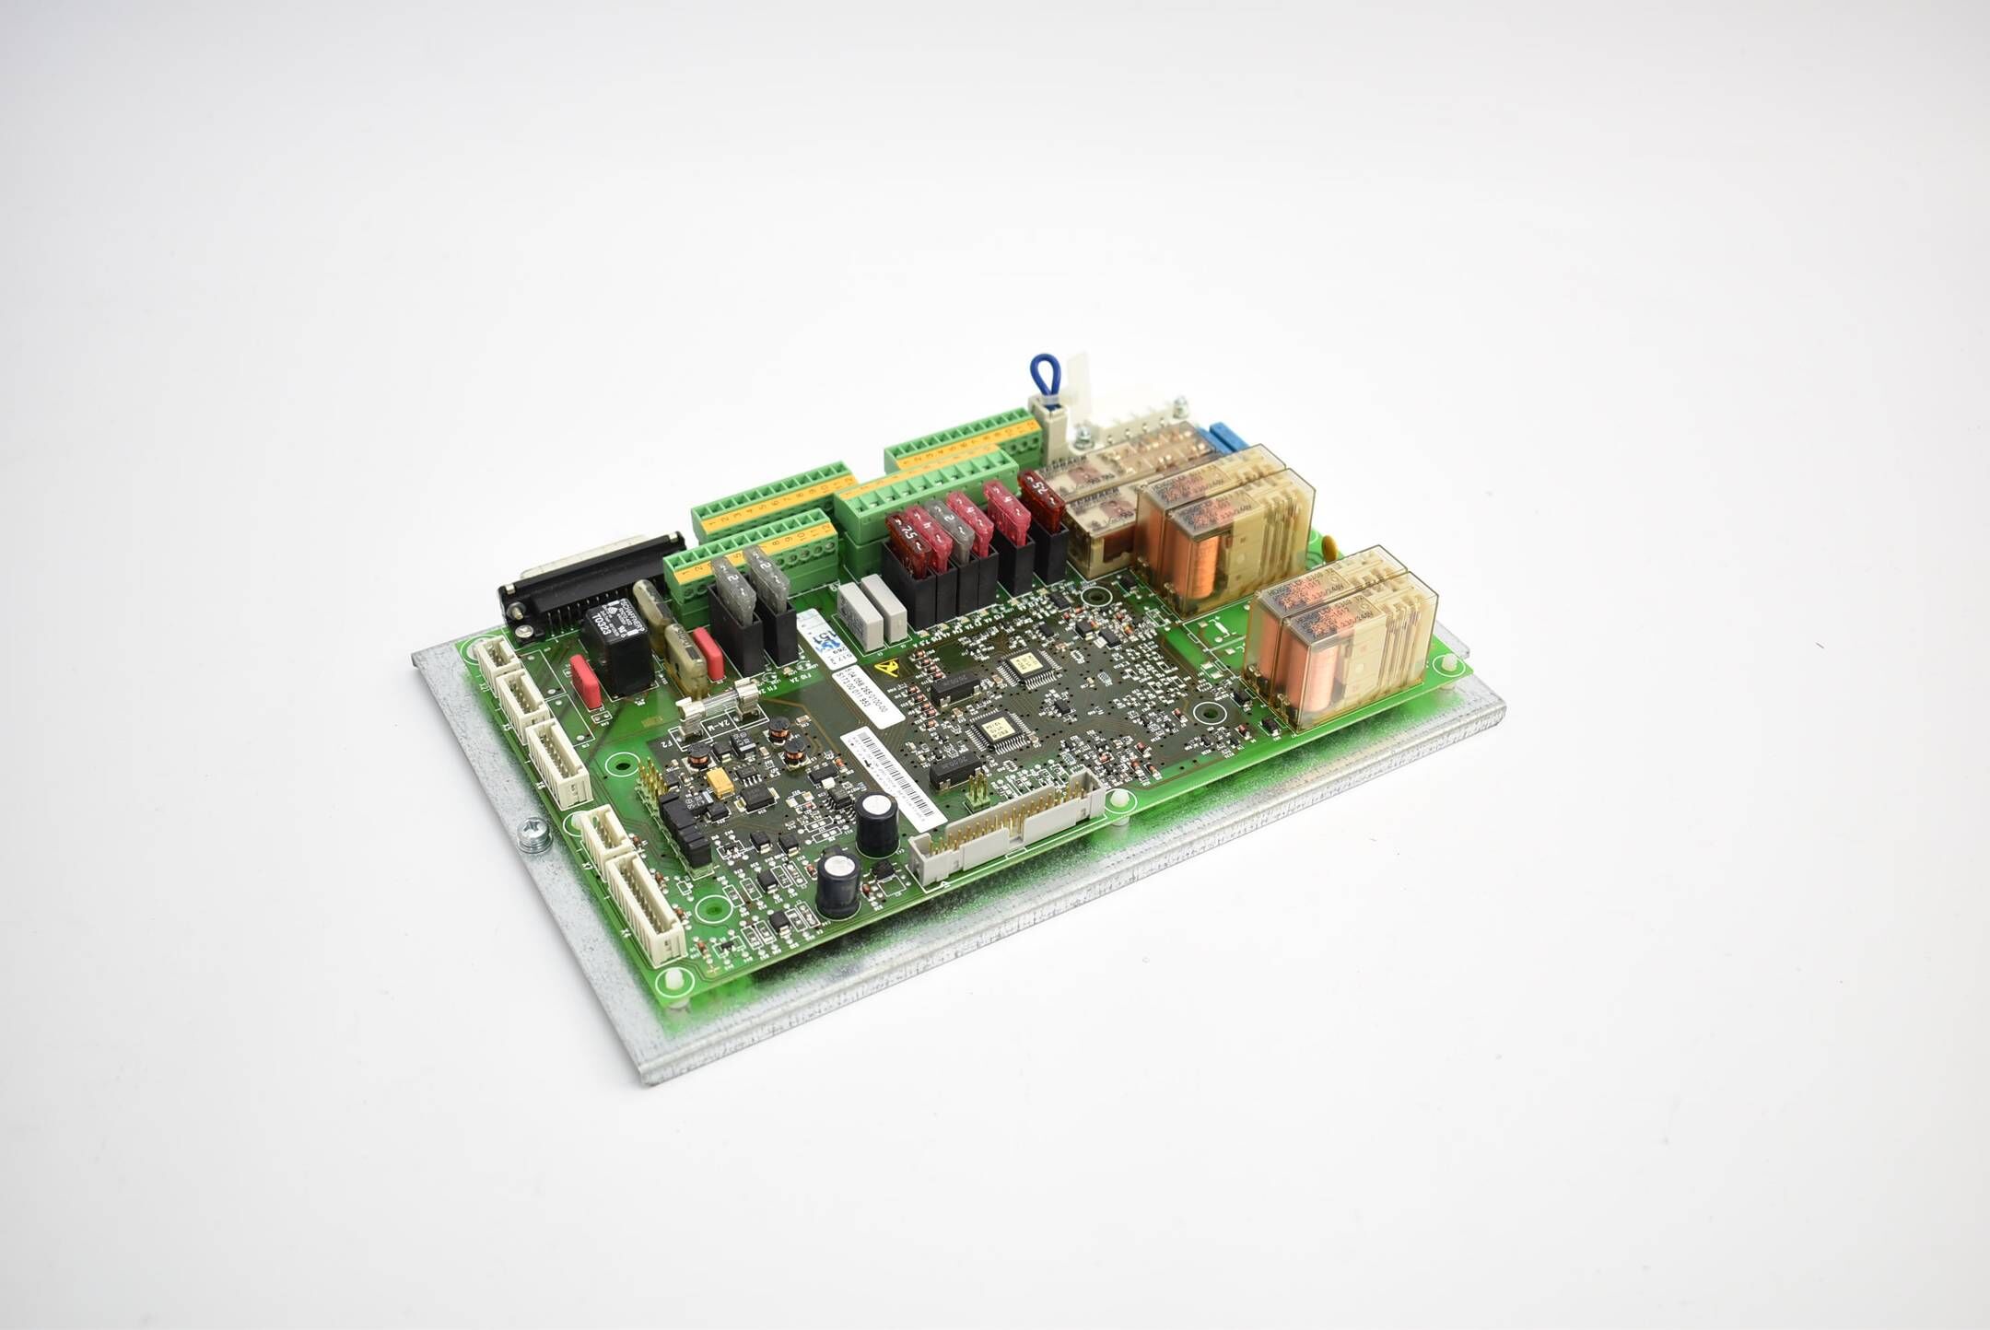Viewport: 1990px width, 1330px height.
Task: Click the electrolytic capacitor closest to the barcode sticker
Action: tap(876, 823)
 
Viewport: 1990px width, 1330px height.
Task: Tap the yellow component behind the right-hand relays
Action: tap(1329, 542)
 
